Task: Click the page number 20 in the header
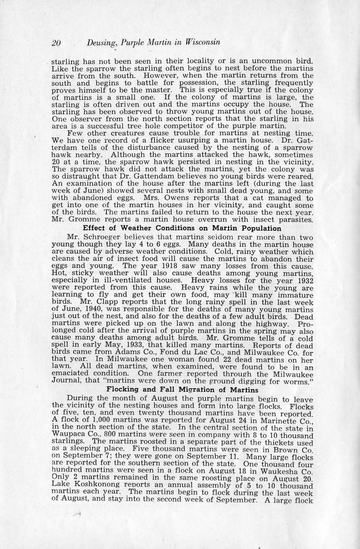(x=56, y=43)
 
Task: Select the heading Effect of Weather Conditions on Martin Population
(x=182, y=228)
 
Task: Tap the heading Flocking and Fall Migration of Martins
(x=183, y=389)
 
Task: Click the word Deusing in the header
(x=101, y=43)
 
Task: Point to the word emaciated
(x=74, y=374)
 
